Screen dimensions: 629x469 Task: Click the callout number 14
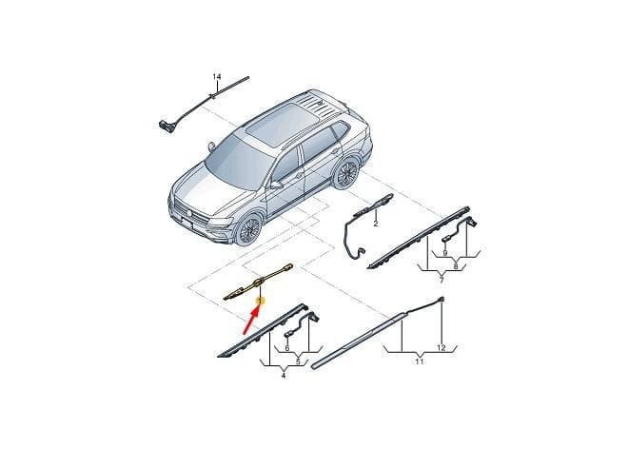click(x=217, y=76)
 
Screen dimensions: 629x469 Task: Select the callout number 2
click(x=376, y=224)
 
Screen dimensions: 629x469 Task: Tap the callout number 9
click(x=445, y=253)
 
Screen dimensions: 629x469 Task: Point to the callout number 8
click(x=455, y=266)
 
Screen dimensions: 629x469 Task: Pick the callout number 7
click(x=442, y=280)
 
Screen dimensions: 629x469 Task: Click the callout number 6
click(x=286, y=348)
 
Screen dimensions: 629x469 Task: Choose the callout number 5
click(x=298, y=362)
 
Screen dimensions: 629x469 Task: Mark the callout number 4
click(x=284, y=376)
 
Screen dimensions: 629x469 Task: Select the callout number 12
click(x=441, y=348)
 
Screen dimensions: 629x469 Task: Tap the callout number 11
click(x=420, y=362)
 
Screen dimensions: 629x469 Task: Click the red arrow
click(x=250, y=321)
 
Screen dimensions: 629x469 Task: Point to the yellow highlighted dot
click(x=261, y=300)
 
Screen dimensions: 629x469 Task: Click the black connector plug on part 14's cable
click(x=165, y=126)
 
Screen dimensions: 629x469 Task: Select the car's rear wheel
click(x=346, y=173)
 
